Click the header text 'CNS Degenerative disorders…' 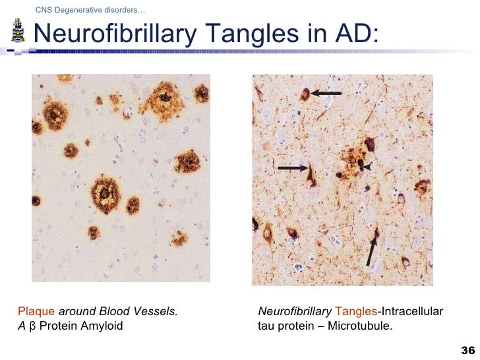pyautogui.click(x=91, y=10)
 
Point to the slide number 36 pyautogui.click(x=469, y=349)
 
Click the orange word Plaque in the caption pyautogui.click(x=37, y=311)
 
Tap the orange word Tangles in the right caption pyautogui.click(x=356, y=311)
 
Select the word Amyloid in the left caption pyautogui.click(x=102, y=326)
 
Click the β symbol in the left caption pyautogui.click(x=32, y=326)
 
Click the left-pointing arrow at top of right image pyautogui.click(x=326, y=94)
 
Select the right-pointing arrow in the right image pyautogui.click(x=292, y=168)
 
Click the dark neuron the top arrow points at pyautogui.click(x=304, y=94)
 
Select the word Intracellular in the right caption pyautogui.click(x=413, y=311)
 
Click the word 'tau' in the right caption pyautogui.click(x=266, y=326)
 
